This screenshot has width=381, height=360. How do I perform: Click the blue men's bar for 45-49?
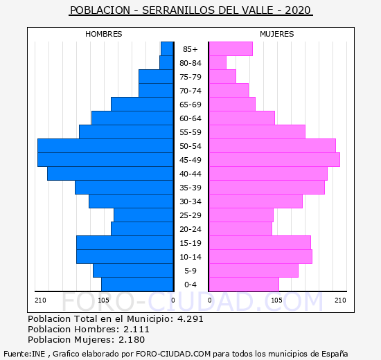coord(105,160)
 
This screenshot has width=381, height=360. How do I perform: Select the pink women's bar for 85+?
coord(231,49)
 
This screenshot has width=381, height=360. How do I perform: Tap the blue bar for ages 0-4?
coord(137,285)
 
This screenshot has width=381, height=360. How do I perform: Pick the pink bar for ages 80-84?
coord(218,63)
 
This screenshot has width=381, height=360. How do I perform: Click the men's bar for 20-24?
coord(142,229)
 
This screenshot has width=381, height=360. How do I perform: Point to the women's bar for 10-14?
coord(261,257)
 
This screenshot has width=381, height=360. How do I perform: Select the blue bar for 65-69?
coord(142,105)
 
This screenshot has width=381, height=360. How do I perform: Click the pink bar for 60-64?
coord(242,118)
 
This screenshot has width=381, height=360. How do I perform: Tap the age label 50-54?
coord(190,146)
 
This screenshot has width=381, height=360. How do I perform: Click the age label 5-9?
coord(190,271)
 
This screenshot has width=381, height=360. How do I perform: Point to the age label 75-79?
coord(190,77)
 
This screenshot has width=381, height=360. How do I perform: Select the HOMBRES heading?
coord(104,34)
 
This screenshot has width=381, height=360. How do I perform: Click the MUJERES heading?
coord(277,34)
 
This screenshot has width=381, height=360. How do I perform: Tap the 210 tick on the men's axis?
coord(40,300)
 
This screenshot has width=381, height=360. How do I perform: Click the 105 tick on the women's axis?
coord(276,300)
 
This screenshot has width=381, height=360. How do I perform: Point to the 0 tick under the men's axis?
coord(173,300)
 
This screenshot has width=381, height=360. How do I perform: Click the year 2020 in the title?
coord(298,10)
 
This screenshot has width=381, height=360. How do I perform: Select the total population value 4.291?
coord(190,318)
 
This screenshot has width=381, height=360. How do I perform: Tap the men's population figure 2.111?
coord(136,329)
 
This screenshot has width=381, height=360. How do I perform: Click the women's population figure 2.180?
coord(132,340)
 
